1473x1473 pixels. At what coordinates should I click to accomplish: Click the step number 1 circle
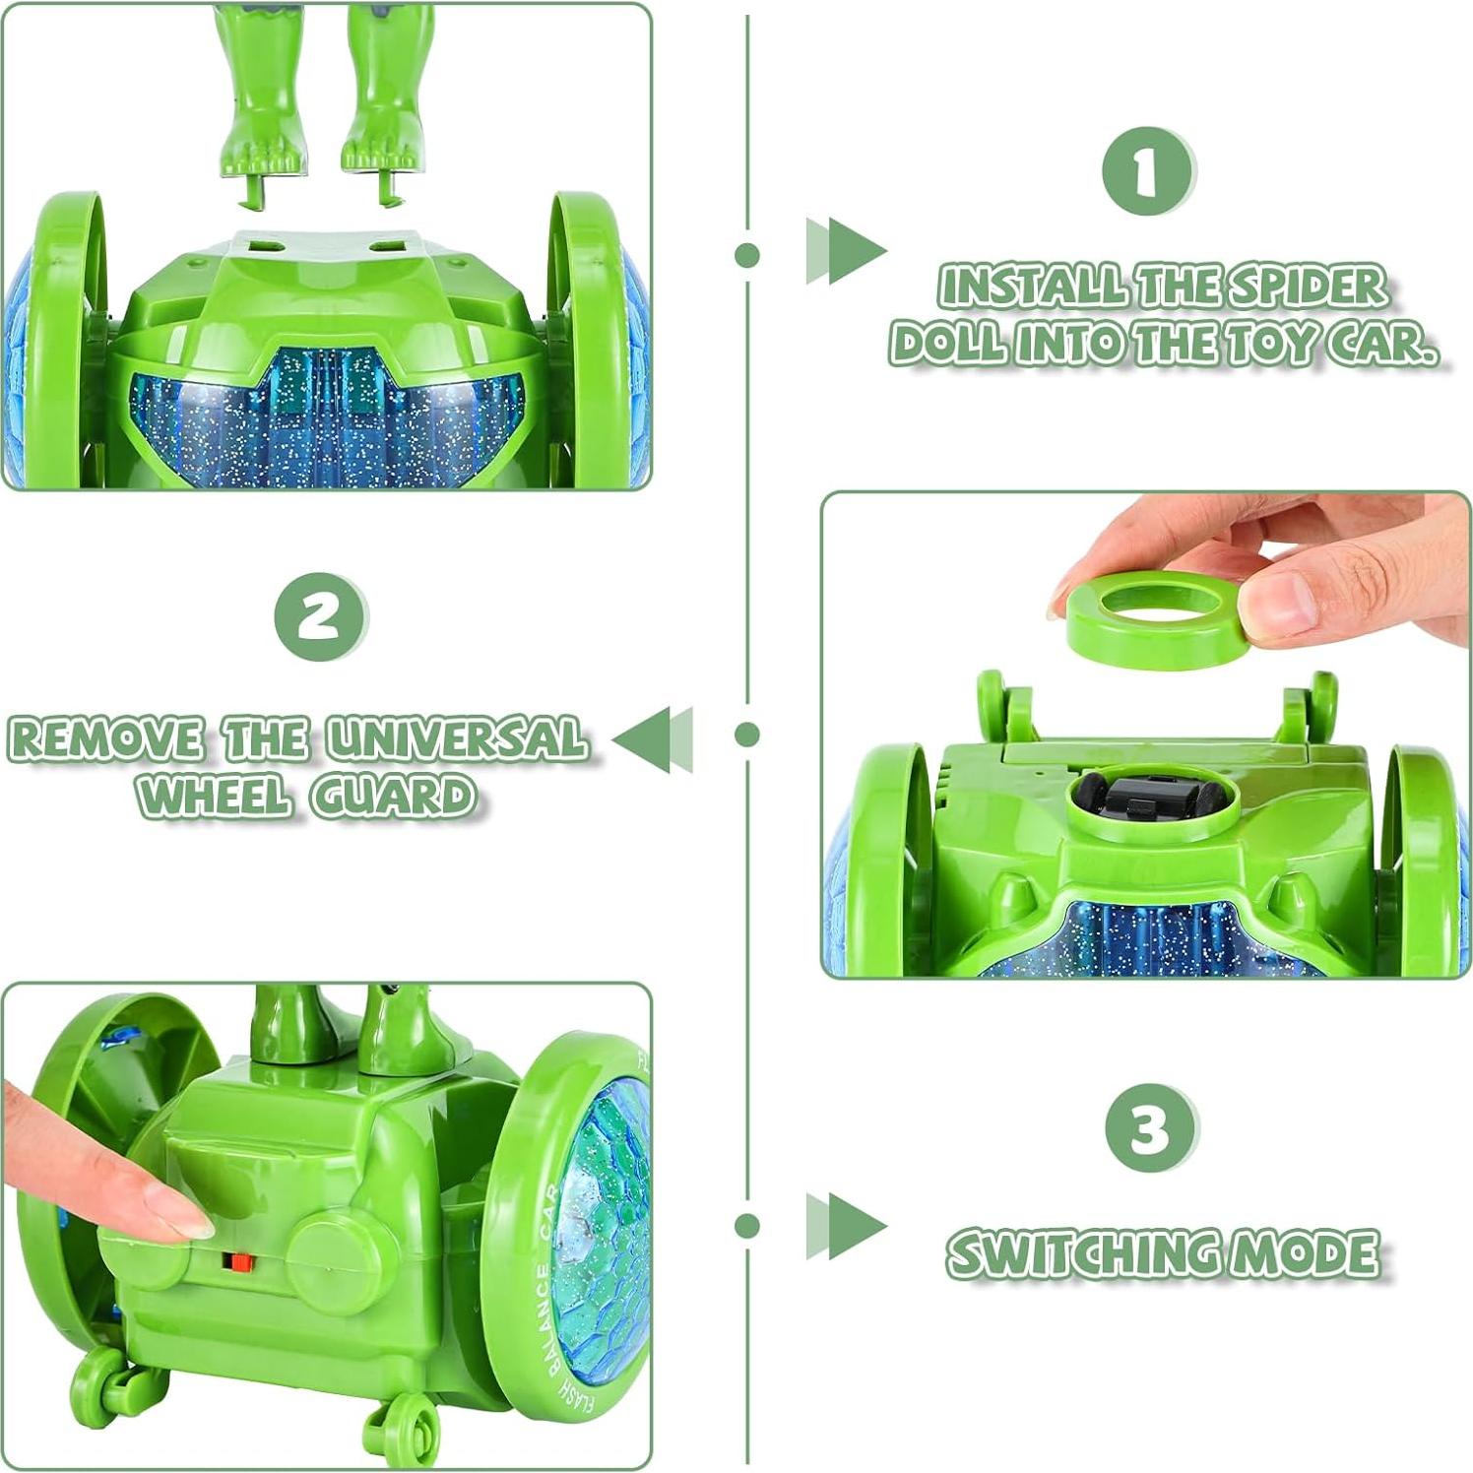(1147, 171)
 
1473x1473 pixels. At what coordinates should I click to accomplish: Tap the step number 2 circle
(320, 617)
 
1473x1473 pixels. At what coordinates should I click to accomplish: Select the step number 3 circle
(1150, 1128)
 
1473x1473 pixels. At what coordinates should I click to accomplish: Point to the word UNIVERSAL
(457, 739)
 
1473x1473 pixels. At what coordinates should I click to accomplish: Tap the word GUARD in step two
(394, 796)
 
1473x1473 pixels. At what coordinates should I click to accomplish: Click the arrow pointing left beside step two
(654, 738)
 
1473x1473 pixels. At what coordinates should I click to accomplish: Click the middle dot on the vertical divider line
(747, 735)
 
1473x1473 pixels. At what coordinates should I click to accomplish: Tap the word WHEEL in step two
(216, 796)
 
